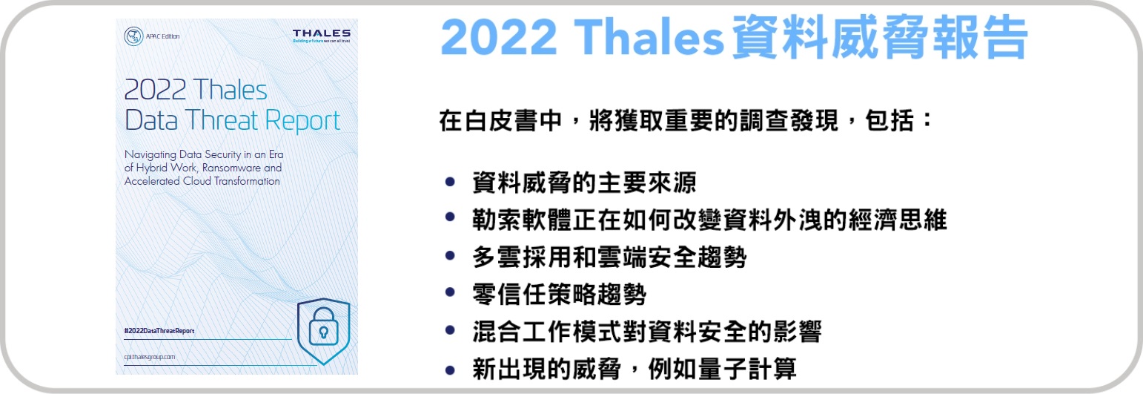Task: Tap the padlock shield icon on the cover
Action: pyautogui.click(x=323, y=331)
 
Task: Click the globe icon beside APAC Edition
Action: pyautogui.click(x=133, y=36)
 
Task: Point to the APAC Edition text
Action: pyautogui.click(x=163, y=36)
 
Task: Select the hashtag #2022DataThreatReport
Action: pyautogui.click(x=159, y=331)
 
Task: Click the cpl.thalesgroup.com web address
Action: pyautogui.click(x=150, y=357)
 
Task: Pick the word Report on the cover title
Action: pyautogui.click(x=302, y=121)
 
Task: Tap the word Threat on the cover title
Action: pyautogui.click(x=222, y=120)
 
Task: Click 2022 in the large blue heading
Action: pyautogui.click(x=499, y=37)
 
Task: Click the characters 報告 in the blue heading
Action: pyautogui.click(x=980, y=37)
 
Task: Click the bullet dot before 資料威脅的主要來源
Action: pyautogui.click(x=449, y=182)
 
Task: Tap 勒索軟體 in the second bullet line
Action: pyautogui.click(x=522, y=220)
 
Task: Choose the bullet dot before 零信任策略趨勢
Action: pyautogui.click(x=449, y=293)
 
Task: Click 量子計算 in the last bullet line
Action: pyautogui.click(x=747, y=369)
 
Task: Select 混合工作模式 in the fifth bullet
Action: pyautogui.click(x=546, y=332)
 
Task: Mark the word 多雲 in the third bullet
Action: pyautogui.click(x=497, y=257)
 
